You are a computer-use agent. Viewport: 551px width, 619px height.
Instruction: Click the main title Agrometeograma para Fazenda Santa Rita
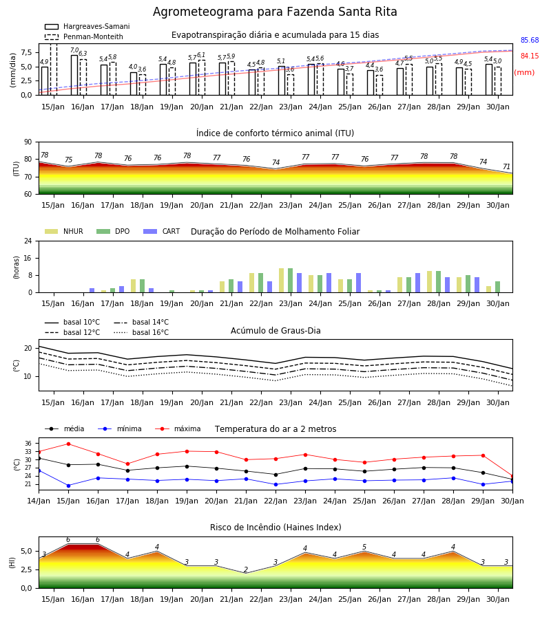pos(275,12)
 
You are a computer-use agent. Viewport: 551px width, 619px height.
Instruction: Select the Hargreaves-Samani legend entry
pos(87,26)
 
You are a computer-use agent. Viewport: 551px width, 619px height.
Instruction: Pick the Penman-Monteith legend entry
pos(84,36)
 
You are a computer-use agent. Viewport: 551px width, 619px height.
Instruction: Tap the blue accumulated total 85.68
pos(530,41)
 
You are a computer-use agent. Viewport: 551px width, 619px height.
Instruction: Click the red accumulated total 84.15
pos(530,56)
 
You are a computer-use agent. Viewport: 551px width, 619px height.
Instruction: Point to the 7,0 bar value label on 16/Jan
pos(74,50)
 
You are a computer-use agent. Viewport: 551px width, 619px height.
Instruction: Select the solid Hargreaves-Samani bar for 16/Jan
pos(74,75)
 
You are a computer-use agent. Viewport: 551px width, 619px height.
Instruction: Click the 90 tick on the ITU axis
pos(28,142)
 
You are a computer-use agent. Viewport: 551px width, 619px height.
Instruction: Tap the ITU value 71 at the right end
pos(506,166)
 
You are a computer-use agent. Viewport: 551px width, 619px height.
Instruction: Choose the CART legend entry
pos(162,231)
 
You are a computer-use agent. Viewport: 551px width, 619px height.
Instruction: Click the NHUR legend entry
pos(64,231)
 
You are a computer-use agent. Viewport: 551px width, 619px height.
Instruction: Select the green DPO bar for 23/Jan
pos(291,281)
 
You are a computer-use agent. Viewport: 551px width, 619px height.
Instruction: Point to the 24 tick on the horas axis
pos(28,241)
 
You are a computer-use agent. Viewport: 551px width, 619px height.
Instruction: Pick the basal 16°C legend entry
pos(141,332)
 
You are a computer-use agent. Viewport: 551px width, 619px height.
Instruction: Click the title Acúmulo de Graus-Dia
pos(275,331)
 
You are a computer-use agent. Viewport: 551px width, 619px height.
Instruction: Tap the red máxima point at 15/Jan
pos(68,444)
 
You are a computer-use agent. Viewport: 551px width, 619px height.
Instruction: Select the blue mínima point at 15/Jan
pos(68,486)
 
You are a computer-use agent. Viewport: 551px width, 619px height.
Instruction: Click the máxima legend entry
pos(178,428)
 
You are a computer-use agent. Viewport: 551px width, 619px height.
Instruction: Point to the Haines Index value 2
pos(246,569)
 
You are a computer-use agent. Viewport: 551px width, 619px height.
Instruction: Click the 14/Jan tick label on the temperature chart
pos(39,501)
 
